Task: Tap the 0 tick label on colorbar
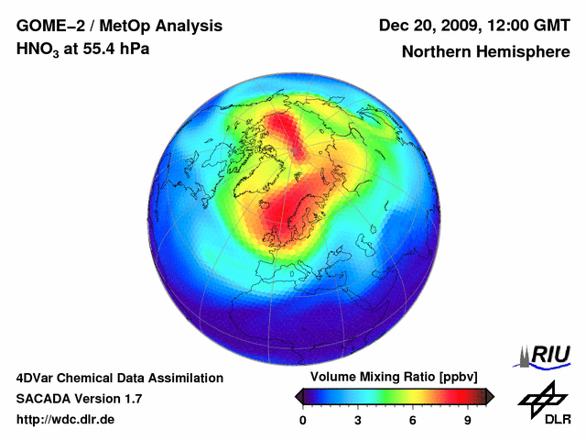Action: pos(303,420)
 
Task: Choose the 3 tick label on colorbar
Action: pos(358,420)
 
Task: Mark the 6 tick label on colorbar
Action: pos(413,420)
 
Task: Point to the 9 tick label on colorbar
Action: pos(467,420)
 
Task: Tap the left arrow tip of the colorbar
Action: pos(298,396)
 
